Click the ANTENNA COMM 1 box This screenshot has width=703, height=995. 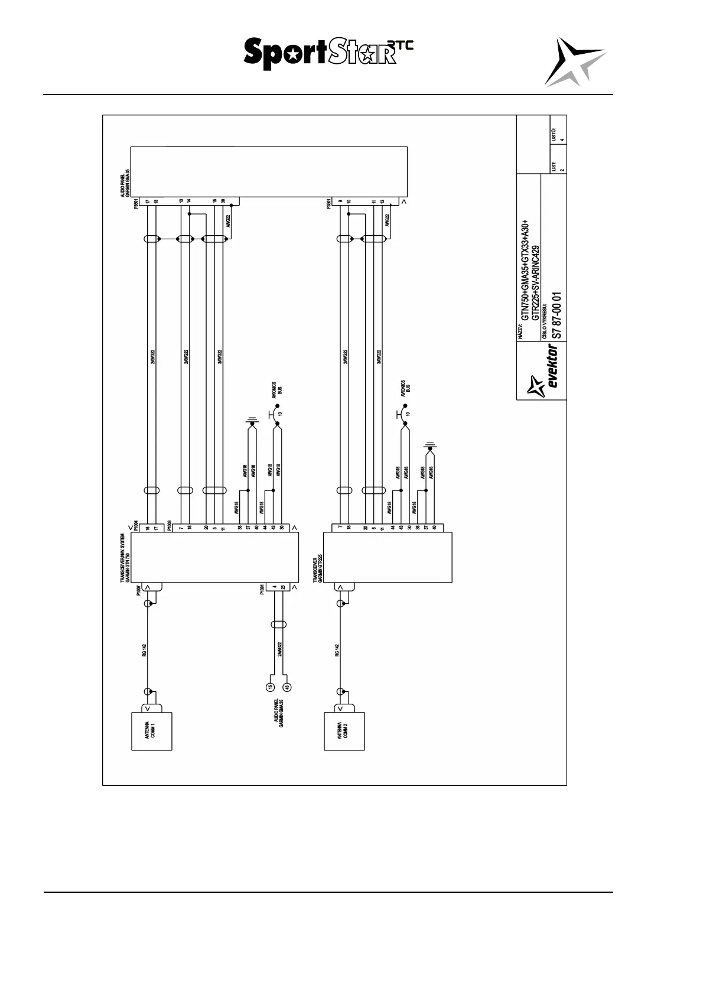tap(151, 731)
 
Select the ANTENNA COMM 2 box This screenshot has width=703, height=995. tap(344, 731)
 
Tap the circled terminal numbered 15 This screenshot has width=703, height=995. tap(270, 687)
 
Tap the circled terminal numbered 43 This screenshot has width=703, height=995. tap(287, 687)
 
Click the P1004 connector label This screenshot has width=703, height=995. tap(136, 525)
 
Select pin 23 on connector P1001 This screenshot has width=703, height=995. tap(283, 587)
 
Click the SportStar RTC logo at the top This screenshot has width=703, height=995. tap(328, 53)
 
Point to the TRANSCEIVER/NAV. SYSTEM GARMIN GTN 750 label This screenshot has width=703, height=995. tap(125, 558)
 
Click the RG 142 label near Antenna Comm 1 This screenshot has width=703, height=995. tap(144, 651)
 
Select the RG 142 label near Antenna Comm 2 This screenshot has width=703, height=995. tap(337, 651)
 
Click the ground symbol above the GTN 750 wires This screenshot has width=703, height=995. tap(252, 421)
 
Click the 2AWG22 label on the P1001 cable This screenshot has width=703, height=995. tap(279, 649)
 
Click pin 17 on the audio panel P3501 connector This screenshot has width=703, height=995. tap(147, 201)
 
